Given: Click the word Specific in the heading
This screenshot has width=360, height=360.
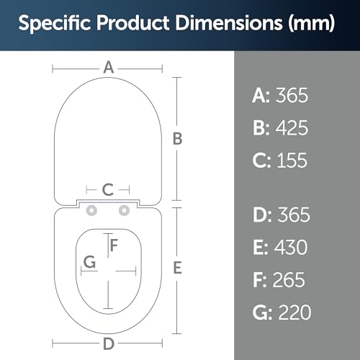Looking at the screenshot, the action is (55, 24).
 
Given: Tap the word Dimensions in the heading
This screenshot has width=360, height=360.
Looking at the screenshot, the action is (229, 23).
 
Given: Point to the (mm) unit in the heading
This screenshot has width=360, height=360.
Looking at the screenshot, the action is (311, 24).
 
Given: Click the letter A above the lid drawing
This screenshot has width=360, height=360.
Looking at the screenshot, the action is (109, 68).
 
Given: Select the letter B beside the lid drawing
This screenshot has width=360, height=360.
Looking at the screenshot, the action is (178, 139).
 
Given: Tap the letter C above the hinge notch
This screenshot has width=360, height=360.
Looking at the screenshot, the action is (108, 190).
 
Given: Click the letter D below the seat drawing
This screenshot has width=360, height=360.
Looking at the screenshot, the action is (109, 343).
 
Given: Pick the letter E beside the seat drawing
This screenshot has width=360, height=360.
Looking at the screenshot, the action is (177, 268).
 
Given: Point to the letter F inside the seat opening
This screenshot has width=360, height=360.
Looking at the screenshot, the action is (114, 246).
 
